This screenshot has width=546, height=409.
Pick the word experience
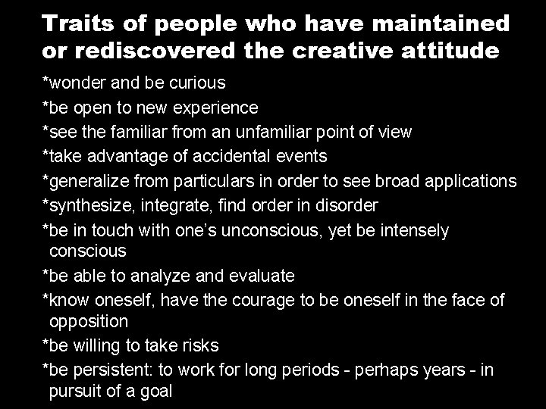218,108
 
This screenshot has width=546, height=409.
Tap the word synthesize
90,204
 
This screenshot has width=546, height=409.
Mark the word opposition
89,321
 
